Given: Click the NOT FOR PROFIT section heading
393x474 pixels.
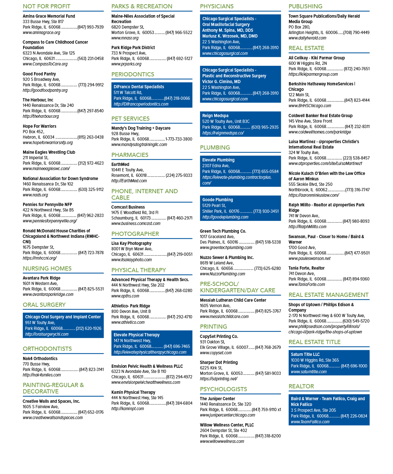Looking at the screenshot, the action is pos(47,6).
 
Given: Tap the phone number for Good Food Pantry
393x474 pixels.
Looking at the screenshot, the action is pos(91,85).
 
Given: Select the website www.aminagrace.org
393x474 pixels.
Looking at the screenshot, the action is pos(41,32).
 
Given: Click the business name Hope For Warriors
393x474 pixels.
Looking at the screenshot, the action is pos(39,126).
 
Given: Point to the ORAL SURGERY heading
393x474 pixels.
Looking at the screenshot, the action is pos(44,305).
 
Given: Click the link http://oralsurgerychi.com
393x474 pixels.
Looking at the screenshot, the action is pos(47,334).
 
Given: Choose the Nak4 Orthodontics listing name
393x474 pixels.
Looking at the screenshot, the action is pos(40,358).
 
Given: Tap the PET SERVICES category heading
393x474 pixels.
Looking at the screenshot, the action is pos(130,118).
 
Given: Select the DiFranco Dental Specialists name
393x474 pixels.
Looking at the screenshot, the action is pos(139,87).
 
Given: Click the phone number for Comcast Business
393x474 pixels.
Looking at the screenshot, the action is pos(179,218).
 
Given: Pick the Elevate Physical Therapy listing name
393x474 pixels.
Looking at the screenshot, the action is pos(136,335).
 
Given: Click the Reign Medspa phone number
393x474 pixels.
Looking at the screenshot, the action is pos(265,127).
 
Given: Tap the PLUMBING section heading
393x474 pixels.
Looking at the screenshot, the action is pos(215,148).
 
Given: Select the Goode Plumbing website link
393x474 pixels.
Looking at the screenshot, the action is pos(225,217).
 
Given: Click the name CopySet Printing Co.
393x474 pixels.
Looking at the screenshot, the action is pos(219,336).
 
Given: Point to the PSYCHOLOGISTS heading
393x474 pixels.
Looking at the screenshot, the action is pos(223,389).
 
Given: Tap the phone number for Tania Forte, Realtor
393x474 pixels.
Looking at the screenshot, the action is pos(356,279).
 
